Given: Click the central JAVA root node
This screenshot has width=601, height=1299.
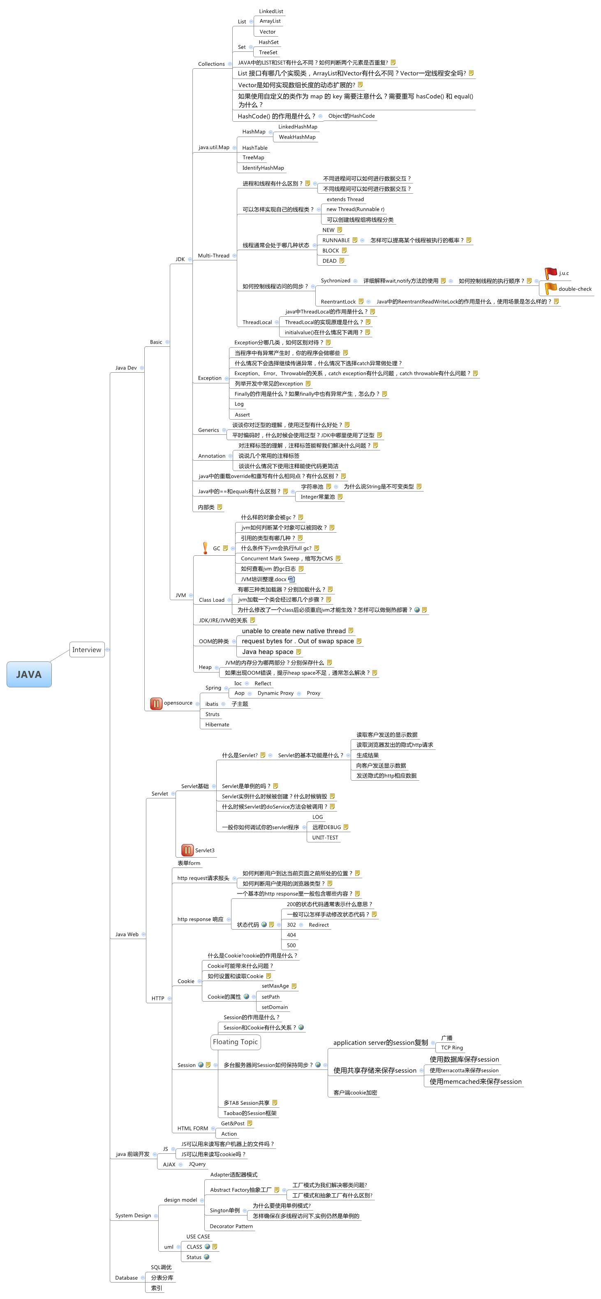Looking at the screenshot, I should click(x=29, y=674).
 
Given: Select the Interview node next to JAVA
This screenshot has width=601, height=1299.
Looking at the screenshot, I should click(x=87, y=649).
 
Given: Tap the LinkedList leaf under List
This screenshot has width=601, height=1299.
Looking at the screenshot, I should click(x=271, y=11).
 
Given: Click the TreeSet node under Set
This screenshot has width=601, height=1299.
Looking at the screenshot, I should click(x=268, y=52).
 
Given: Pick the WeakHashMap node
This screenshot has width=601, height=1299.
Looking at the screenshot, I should click(x=297, y=137).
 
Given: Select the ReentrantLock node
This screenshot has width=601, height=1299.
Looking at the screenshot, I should click(x=338, y=302).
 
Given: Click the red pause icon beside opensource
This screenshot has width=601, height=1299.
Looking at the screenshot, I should click(x=156, y=703).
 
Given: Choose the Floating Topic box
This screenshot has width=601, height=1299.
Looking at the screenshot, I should click(x=235, y=1042).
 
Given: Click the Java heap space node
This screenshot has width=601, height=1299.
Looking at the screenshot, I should click(x=267, y=652).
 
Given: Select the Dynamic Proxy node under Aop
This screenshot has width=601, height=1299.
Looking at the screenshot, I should click(x=275, y=694).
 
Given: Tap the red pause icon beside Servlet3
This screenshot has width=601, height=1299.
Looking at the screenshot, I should click(x=187, y=850).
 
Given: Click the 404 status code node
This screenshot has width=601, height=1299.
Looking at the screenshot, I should click(x=291, y=935).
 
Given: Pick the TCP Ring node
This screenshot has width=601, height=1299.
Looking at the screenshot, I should click(x=452, y=1048).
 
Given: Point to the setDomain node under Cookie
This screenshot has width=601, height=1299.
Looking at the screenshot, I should click(x=275, y=1007).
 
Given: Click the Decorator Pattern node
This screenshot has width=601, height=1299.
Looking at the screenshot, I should click(x=231, y=1226).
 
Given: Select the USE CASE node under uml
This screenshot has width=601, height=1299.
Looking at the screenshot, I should click(x=198, y=1236).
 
